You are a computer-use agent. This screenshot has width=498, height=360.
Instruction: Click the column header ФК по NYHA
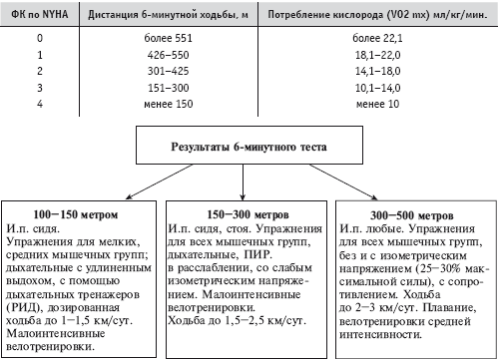[40, 14]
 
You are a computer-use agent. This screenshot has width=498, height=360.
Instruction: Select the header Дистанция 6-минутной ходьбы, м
[168, 15]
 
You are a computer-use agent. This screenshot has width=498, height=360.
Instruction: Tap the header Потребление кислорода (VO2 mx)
[377, 15]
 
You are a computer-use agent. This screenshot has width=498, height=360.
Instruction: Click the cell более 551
[169, 38]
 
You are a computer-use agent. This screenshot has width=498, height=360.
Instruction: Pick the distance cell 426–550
[169, 55]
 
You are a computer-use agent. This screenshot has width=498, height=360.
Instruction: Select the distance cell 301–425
[169, 71]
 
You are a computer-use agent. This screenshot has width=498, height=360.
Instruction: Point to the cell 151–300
[169, 88]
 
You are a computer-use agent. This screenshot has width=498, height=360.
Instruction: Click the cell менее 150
[169, 104]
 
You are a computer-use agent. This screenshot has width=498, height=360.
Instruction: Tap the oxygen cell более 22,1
[377, 38]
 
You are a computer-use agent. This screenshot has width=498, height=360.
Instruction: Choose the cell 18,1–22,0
[377, 55]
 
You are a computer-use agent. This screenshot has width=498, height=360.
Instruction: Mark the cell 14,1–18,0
[377, 71]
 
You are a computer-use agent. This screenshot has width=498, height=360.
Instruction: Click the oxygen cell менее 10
[377, 104]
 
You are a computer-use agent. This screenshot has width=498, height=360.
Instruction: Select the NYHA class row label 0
[40, 38]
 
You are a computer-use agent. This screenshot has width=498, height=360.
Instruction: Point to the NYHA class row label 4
[40, 104]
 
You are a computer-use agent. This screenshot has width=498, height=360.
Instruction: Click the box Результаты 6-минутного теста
[249, 145]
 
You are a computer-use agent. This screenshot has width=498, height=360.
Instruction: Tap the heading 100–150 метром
[76, 214]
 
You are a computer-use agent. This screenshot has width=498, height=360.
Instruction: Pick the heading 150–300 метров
[248, 214]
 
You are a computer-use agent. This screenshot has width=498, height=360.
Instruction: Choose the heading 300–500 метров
[412, 215]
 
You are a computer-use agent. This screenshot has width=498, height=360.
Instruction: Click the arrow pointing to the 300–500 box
[343, 182]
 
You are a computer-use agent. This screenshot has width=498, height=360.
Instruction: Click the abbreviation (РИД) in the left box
[24, 307]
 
